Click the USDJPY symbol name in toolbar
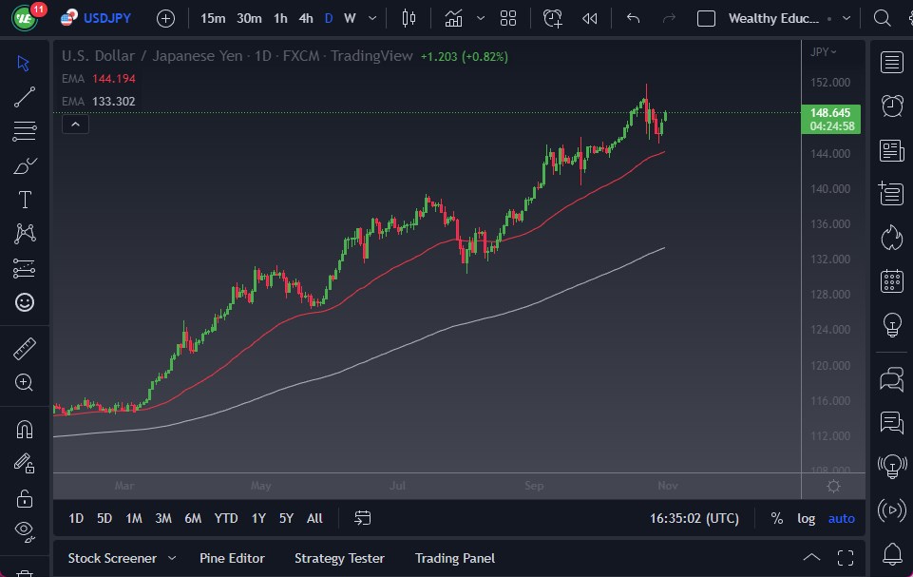pos(106,18)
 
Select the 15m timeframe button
pos(213,18)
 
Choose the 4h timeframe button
pos(305,18)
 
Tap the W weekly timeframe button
pos(350,18)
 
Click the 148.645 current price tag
pos(830,112)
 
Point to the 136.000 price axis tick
pos(830,224)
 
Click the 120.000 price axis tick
pos(830,366)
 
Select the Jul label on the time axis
pos(397,486)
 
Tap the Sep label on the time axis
pos(534,486)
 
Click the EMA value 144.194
pos(114,78)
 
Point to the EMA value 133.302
pos(114,101)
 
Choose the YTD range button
pos(226,518)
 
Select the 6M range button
pos(193,518)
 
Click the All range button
pos(314,518)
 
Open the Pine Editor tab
pos(232,558)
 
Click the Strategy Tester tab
pos(339,558)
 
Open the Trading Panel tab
pos(455,558)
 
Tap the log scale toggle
pos(806,518)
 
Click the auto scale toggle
pos(841,518)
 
